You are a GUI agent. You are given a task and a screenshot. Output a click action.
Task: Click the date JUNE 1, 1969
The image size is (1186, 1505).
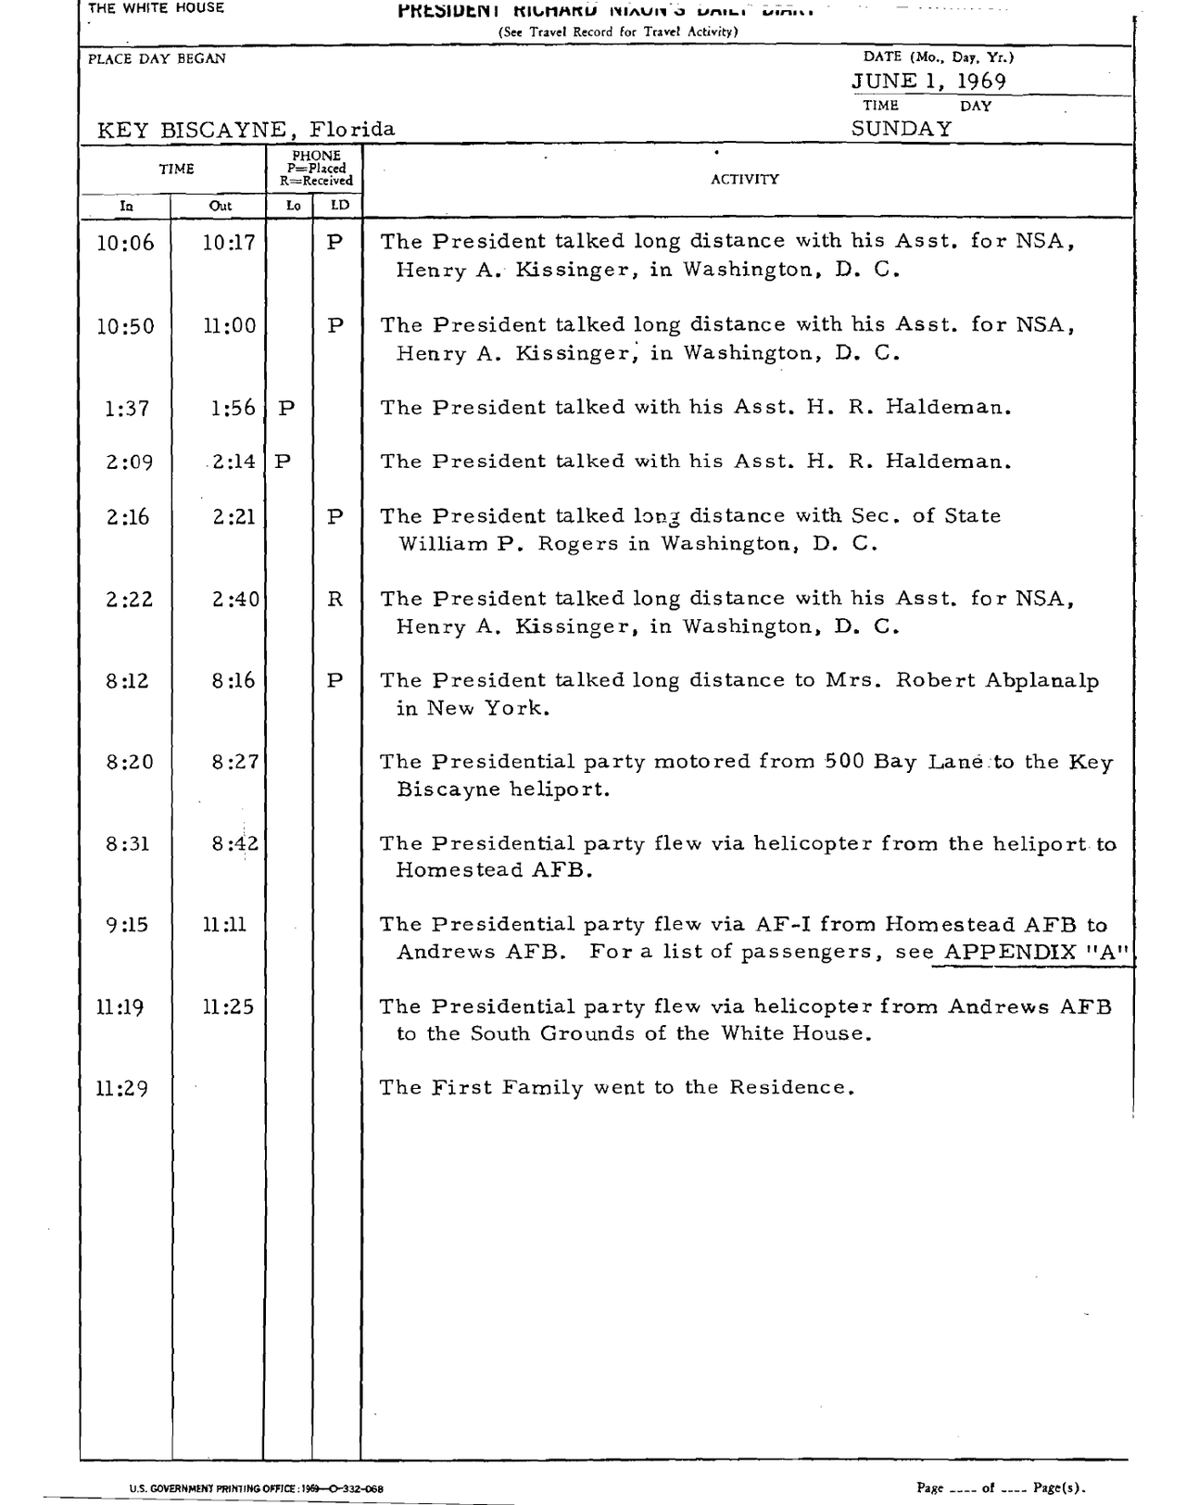[x=928, y=82]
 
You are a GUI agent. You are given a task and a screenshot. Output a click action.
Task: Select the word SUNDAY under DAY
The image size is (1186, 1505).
[x=901, y=129]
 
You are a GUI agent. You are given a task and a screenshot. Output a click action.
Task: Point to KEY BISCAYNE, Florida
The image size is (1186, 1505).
[x=246, y=130]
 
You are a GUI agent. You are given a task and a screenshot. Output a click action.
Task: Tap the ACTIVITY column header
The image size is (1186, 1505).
[x=745, y=180]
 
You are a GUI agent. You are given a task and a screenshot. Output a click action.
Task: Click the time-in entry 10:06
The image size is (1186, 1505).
[x=126, y=244]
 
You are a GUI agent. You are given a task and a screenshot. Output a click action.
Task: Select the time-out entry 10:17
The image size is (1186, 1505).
[x=229, y=243]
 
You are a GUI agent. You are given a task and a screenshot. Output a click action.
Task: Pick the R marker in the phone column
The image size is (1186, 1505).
[x=334, y=600]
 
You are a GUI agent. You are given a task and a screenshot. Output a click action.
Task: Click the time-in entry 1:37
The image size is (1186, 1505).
[x=127, y=409]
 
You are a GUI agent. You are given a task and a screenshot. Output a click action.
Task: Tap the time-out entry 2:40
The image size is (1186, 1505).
[x=234, y=600]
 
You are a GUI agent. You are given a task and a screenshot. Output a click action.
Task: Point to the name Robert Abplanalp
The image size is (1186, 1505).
[x=997, y=680]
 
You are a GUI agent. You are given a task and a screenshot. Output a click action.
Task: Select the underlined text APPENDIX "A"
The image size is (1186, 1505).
[x=1035, y=952]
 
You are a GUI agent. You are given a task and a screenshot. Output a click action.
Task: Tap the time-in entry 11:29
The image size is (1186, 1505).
[x=121, y=1089]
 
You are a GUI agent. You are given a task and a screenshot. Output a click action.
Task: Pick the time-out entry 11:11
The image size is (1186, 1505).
[x=224, y=925]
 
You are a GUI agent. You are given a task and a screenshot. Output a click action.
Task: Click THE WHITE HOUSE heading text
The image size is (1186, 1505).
[x=156, y=8]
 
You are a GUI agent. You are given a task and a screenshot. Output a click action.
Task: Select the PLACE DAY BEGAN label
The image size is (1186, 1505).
[x=157, y=58]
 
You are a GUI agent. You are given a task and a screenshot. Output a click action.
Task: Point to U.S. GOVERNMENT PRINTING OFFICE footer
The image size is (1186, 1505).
[x=256, y=1488]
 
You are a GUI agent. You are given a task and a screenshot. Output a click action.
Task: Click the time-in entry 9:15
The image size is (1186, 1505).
[x=127, y=925]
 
